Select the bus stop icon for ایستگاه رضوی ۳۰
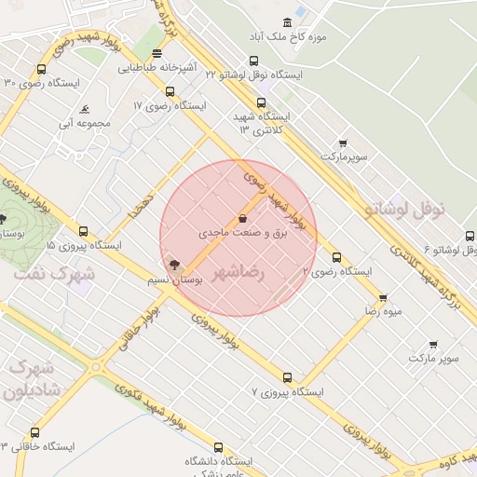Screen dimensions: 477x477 point(41,70)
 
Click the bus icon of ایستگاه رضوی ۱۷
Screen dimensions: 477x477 point(170,91)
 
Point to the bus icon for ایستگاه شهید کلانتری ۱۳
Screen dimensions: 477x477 point(260,103)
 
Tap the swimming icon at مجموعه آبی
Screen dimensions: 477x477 point(86,108)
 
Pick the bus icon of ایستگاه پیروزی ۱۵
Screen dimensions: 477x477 point(83,232)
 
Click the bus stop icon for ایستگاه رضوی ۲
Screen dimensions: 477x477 point(336,258)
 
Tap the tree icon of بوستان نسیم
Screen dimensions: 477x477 point(175,266)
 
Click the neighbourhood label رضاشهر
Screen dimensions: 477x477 point(238,273)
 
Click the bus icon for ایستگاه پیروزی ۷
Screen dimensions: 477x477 point(287,378)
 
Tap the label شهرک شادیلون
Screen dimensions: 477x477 point(30,379)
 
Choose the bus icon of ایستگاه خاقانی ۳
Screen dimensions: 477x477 point(34,433)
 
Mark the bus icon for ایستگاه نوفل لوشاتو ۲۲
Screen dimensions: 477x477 point(259,58)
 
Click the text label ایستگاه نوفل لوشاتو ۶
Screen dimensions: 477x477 point(449,250)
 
